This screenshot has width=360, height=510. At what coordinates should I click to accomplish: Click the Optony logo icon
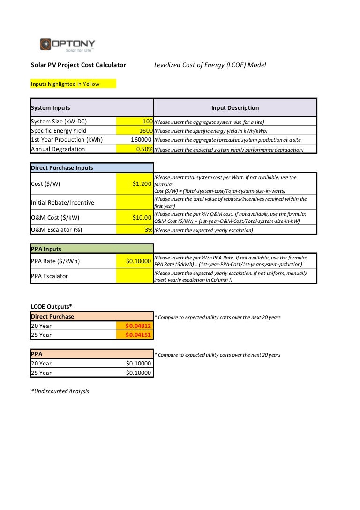(x=46, y=44)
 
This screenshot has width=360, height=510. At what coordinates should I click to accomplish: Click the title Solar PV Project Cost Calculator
(x=78, y=65)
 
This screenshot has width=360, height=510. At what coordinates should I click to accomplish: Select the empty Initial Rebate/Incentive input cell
(x=135, y=203)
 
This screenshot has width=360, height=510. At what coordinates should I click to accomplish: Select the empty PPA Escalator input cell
(x=135, y=276)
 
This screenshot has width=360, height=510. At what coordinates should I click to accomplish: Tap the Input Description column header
(x=235, y=108)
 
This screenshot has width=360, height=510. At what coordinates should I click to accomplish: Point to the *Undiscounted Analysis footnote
(x=60, y=391)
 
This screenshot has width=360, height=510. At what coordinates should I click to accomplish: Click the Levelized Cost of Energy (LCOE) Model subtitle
(x=210, y=65)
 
